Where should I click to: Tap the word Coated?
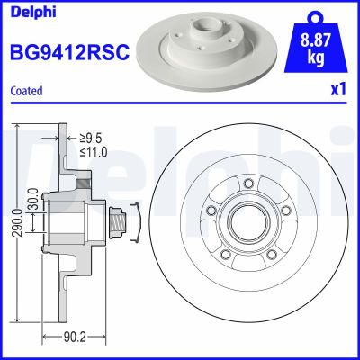coord(26,91)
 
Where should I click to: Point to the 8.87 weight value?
coord(315,38)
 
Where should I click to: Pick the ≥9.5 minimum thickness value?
coord(90,138)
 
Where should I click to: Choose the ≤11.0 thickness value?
coord(93,152)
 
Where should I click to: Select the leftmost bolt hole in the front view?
coord(211,210)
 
